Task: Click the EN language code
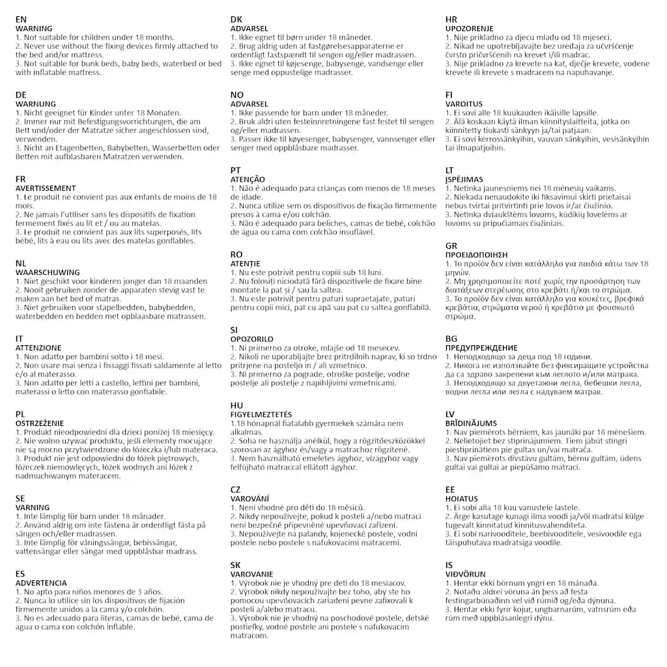pyautogui.click(x=21, y=20)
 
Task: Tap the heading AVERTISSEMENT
pyautogui.click(x=46, y=188)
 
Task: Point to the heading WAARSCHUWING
pyautogui.click(x=47, y=272)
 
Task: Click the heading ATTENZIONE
pyautogui.click(x=38, y=348)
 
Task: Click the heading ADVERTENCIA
pyautogui.click(x=41, y=582)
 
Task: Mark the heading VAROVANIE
pyautogui.click(x=251, y=573)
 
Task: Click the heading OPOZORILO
pyautogui.click(x=252, y=339)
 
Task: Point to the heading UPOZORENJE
pyautogui.click(x=469, y=29)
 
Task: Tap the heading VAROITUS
pyautogui.click(x=464, y=104)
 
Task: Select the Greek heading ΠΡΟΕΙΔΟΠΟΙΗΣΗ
pyautogui.click(x=476, y=255)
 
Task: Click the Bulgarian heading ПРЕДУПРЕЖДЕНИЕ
pyautogui.click(x=481, y=348)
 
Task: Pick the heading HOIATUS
pyautogui.click(x=461, y=498)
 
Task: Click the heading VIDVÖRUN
pyautogui.click(x=465, y=574)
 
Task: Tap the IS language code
pyautogui.click(x=449, y=565)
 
